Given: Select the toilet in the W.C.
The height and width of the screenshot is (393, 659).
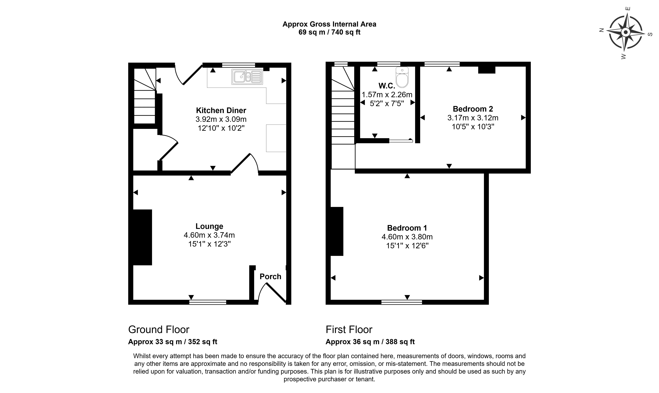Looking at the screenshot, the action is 402,77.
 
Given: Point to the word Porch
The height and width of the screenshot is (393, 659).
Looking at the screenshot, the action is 270,276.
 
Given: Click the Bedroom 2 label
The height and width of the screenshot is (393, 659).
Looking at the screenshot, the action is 473,109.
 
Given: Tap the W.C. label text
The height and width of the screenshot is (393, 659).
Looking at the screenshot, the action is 387,86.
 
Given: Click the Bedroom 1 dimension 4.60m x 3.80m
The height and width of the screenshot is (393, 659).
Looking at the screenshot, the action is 407,237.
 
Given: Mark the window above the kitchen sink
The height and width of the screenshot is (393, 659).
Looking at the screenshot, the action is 239,65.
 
